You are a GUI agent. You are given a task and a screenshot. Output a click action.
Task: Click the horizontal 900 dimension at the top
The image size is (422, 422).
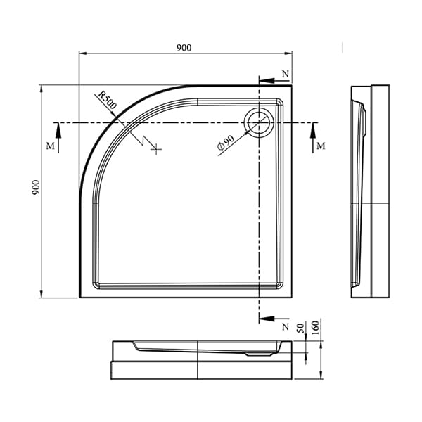click(184, 47)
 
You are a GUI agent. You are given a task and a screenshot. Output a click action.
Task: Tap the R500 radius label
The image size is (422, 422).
click(108, 99)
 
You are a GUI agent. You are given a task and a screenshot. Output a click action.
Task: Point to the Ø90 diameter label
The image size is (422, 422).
click(225, 143)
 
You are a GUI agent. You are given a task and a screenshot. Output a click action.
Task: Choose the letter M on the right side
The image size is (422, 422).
click(321, 146)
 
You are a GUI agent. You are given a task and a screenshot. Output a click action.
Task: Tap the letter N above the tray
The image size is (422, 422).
click(285, 74)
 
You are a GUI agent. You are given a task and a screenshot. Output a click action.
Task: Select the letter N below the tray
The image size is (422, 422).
click(285, 327)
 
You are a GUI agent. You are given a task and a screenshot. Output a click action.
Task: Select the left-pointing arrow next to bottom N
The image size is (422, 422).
click(268, 319)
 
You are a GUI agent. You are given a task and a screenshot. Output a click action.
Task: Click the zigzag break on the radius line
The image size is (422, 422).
click(148, 139)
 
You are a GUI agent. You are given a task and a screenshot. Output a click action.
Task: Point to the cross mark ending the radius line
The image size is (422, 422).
click(159, 148)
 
